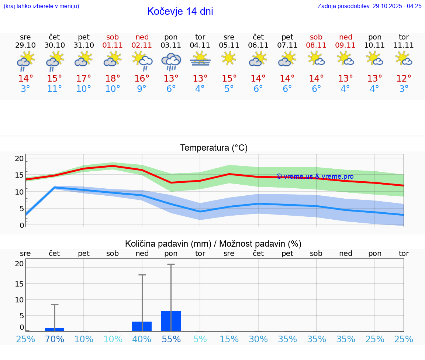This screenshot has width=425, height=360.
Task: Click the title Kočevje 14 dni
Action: coord(180,11)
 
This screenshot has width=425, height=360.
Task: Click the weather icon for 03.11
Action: coord(171,61)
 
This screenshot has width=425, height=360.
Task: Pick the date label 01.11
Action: coord(113,45)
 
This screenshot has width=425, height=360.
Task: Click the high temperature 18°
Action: coord(113,78)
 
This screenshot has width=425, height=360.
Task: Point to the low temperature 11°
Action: coord(54,89)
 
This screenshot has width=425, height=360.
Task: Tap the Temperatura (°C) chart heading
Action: coord(214,148)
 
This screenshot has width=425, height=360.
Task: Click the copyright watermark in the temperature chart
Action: coord(315,176)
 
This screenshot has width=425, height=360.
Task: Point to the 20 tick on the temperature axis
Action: coord(19,158)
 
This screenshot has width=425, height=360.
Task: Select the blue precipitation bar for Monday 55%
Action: coord(171,321)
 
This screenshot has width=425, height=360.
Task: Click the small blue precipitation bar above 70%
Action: coord(55,329)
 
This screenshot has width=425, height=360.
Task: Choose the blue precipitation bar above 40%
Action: coord(142,326)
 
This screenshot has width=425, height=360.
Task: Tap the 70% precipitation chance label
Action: coord(55,339)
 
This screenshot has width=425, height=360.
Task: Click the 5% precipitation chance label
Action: coord(200,339)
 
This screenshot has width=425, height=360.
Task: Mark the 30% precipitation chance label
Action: coord(258,339)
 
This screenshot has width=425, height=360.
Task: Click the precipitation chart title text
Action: coord(213,244)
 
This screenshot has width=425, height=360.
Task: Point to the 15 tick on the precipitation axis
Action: coord(19,284)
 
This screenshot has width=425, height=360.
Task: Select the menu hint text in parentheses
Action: coord(41,6)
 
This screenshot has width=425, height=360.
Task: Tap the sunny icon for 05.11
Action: coord(229,58)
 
